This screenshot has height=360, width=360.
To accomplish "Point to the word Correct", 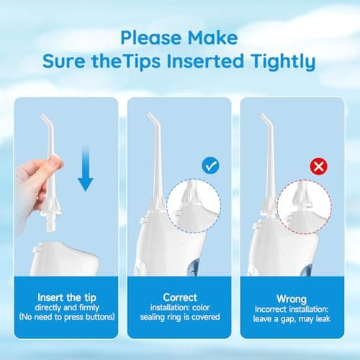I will (180, 297).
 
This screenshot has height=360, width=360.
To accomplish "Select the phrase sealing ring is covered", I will (180, 318).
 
